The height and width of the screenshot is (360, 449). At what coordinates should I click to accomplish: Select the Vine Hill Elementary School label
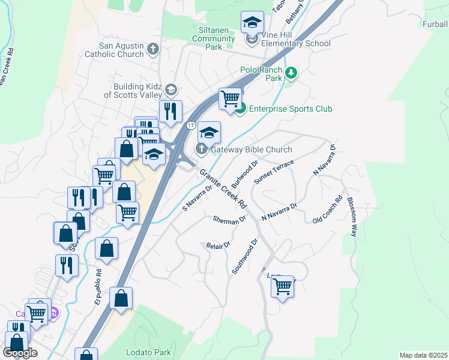(295, 43)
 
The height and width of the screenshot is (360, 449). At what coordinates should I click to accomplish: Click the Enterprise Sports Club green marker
(240, 109)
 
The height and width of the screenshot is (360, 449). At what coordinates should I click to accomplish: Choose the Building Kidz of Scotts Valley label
(133, 91)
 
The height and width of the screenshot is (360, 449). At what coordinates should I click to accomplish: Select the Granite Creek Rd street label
(223, 188)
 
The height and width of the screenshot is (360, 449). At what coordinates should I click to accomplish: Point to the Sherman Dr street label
(230, 220)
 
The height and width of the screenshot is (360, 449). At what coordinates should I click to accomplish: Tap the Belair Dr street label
(218, 245)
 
